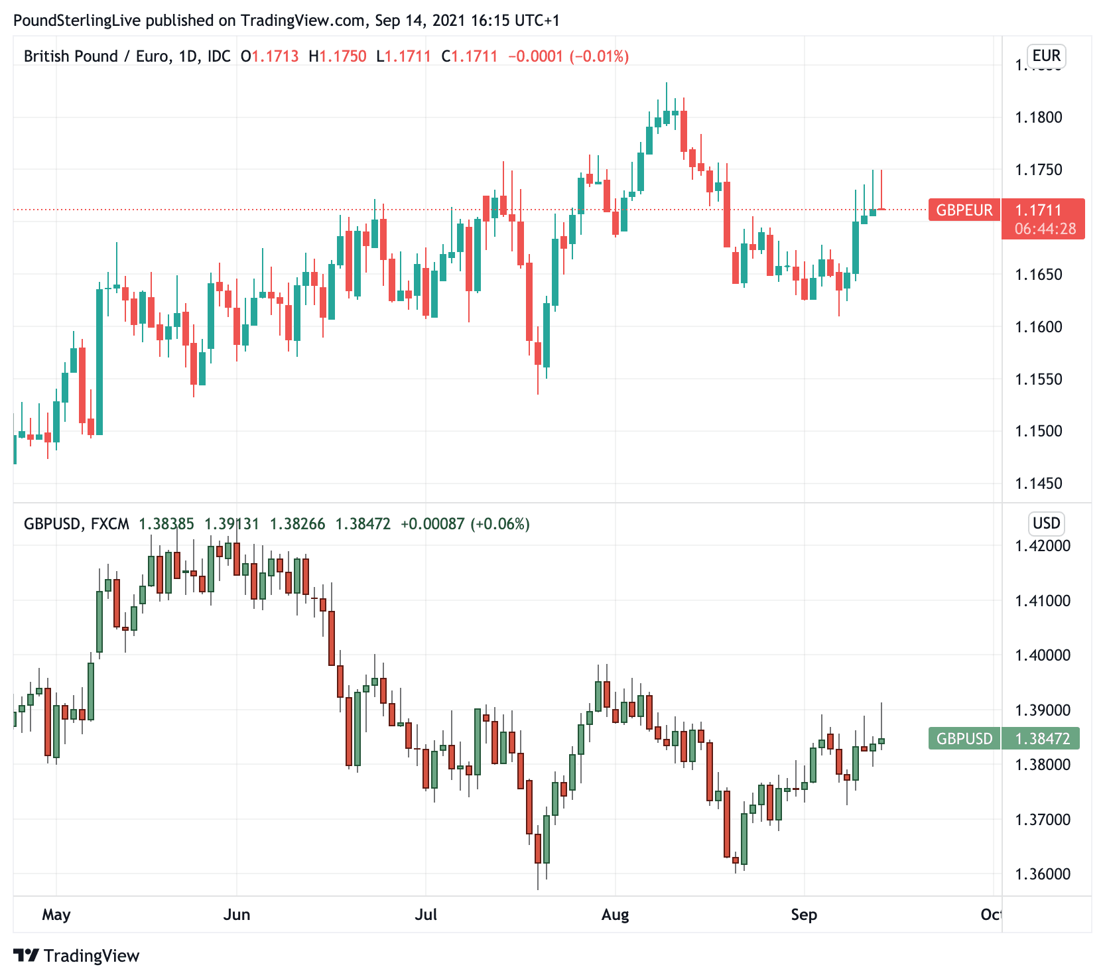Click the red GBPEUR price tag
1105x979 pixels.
[x=964, y=210]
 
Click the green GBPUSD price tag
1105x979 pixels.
[x=964, y=738]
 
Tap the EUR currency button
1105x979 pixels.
[x=1046, y=56]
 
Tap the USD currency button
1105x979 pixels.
[x=1046, y=523]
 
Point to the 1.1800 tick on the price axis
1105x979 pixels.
[x=1038, y=117]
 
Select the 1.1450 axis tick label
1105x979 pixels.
[x=1038, y=484]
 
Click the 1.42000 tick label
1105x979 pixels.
[x=1042, y=546]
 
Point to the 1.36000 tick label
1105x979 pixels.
[x=1042, y=874]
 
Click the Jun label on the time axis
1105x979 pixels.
[x=237, y=915]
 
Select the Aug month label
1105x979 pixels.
[x=615, y=915]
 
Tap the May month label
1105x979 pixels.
[x=56, y=915]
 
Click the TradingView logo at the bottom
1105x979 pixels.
[x=77, y=956]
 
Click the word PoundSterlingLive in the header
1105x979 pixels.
[x=77, y=21]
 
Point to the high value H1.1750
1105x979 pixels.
[x=338, y=56]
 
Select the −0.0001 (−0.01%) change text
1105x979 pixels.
[x=568, y=56]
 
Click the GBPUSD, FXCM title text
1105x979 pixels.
[x=76, y=524]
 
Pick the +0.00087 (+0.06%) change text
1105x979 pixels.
[x=465, y=524]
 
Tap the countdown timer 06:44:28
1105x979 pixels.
[x=1045, y=229]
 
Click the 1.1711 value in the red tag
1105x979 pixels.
[x=1038, y=210]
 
